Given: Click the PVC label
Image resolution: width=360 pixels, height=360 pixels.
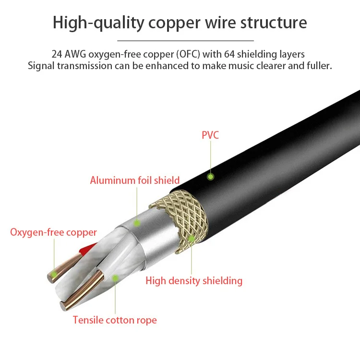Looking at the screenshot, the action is pos(210,135).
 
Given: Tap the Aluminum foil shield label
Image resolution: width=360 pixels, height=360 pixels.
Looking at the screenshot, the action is pos(135,180).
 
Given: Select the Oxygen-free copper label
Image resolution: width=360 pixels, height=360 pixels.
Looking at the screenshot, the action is pos(53,232).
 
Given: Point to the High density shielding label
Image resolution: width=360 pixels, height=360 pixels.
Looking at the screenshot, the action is pos(194,281).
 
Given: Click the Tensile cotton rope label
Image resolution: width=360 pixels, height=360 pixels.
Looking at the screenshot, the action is pos(115,320).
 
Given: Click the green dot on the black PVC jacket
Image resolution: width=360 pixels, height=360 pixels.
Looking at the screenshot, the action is pos(210,177).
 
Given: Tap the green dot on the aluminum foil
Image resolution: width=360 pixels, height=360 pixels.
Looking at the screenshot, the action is pos(137,223).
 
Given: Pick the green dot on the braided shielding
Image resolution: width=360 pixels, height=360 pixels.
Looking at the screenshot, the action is pos(191,238).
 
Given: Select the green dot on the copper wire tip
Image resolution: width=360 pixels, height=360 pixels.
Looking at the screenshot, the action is pos(54,274).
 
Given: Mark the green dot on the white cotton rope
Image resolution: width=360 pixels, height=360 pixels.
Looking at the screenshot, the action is pos(115,278).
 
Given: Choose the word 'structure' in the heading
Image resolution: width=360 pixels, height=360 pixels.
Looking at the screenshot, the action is pos(274,23).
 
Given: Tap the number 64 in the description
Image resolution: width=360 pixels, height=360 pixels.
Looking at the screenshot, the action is pos(229,54).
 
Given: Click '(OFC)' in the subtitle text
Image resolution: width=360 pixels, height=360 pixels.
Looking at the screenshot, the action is pos(188,54).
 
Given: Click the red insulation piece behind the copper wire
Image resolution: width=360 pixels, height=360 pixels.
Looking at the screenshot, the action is pos(88,249).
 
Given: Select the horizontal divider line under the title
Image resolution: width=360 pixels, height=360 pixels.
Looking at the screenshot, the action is pos(185,41).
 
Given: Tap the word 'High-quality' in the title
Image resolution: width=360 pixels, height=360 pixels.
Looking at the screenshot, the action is pos(98,23).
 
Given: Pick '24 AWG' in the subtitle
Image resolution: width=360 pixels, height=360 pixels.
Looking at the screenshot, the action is pos(69,54).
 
